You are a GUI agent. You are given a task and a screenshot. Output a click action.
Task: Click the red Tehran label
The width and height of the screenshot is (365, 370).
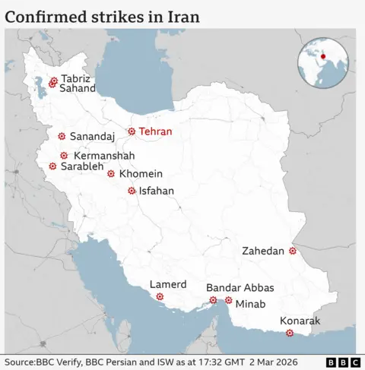coord(155,131)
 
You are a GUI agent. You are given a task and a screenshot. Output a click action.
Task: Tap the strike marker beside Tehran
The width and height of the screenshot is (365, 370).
coord(132,131)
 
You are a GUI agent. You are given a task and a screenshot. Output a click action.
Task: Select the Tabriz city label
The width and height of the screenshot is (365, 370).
coord(75,78)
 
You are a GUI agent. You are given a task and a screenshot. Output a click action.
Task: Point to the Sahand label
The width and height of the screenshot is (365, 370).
coord(78,88)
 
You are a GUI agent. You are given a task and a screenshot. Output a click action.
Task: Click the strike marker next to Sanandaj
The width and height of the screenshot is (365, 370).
coord(61,137)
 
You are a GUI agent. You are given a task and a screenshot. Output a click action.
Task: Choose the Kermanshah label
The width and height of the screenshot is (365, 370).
coord(105,156)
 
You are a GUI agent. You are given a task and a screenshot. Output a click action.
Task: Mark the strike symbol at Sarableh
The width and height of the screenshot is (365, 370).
coord(52,166)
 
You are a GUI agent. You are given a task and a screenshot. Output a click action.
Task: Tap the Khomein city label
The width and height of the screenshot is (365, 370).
coord(141,173)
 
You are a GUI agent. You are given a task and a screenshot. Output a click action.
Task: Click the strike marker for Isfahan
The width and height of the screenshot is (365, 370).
coord(132,191)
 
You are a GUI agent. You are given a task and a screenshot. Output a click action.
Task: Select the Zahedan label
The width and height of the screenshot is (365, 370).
coord(263,251)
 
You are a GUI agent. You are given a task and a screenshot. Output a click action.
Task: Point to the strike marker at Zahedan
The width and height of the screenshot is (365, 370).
coord(293,251)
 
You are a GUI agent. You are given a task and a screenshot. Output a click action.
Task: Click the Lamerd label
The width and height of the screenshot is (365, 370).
coord(168,284)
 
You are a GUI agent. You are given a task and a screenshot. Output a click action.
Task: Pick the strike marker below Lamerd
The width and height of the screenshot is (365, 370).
coord(160,296)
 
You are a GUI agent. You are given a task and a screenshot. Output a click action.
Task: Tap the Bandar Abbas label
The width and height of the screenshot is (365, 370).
coord(240,288)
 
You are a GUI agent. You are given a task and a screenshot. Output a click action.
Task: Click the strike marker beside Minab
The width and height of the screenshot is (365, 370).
coord(228,301)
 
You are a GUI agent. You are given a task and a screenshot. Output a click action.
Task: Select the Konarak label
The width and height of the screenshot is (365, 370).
coord(300,321)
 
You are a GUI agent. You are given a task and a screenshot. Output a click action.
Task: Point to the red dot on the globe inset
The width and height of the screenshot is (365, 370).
coord(322,57)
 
